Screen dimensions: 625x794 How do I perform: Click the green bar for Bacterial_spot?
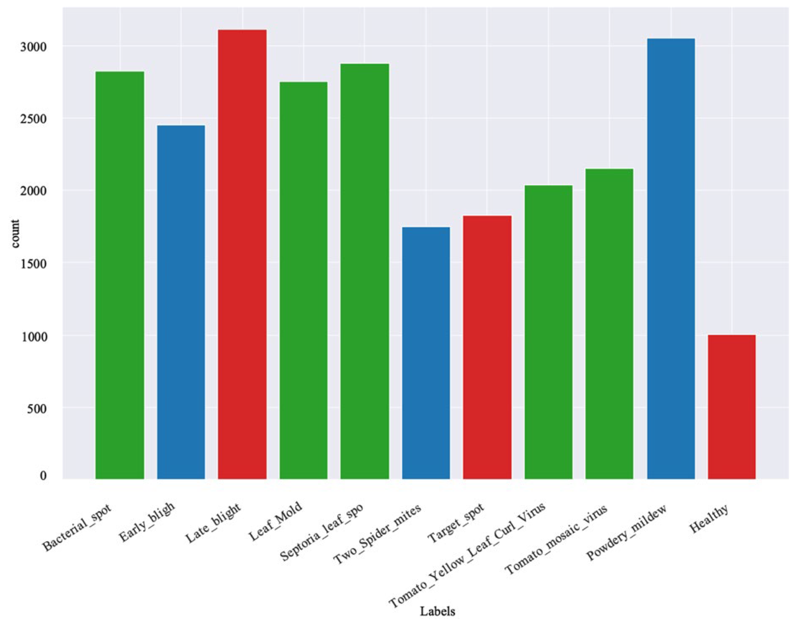coord(119,275)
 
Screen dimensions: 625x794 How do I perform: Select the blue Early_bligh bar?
coord(181,302)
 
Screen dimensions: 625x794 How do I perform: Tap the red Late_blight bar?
coord(242,254)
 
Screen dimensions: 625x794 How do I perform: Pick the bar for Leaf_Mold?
coord(304,280)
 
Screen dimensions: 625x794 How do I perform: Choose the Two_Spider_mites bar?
coord(426,353)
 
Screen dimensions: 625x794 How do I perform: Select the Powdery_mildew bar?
coord(671,258)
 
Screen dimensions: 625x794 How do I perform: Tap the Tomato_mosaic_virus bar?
coord(609,323)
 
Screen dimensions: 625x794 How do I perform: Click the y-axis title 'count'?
coord(15,234)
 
